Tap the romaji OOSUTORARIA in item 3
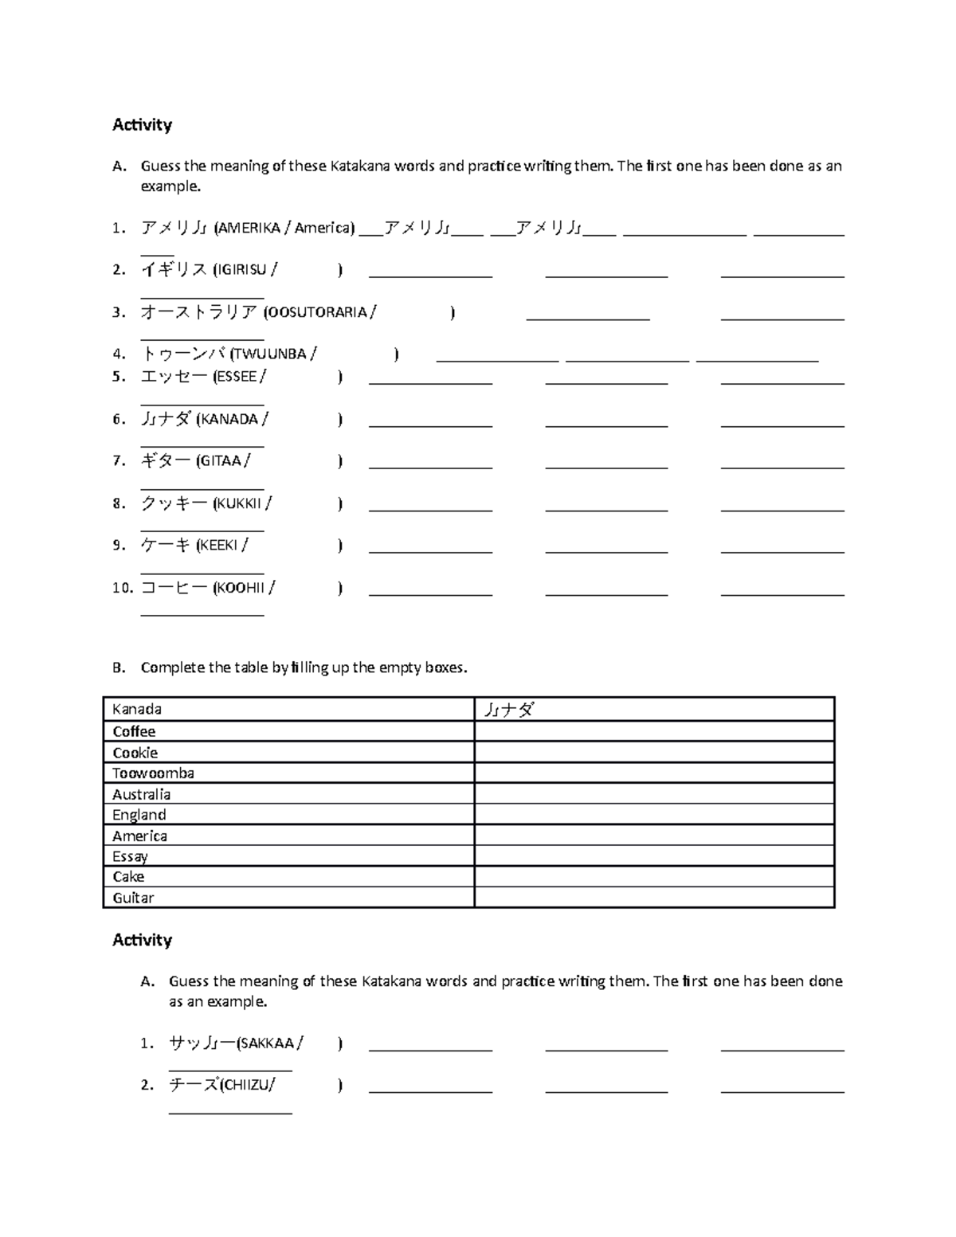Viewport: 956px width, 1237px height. coord(318,312)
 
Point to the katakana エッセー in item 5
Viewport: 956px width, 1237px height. coord(174,376)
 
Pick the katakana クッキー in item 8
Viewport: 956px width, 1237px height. coord(174,503)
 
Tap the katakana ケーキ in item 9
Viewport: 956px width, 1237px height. coord(166,545)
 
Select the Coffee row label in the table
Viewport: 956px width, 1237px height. coord(134,731)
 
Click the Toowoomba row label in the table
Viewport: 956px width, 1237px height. coord(153,773)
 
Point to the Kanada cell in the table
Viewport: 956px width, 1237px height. coord(137,709)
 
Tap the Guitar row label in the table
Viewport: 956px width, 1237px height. coord(133,898)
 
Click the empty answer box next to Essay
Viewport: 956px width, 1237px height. coord(653,856)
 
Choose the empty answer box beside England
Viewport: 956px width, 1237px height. coord(653,814)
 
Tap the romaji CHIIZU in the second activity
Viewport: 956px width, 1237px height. coord(246,1085)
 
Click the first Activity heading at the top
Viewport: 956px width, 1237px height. coord(142,124)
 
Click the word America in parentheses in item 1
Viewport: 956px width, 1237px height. coord(323,228)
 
